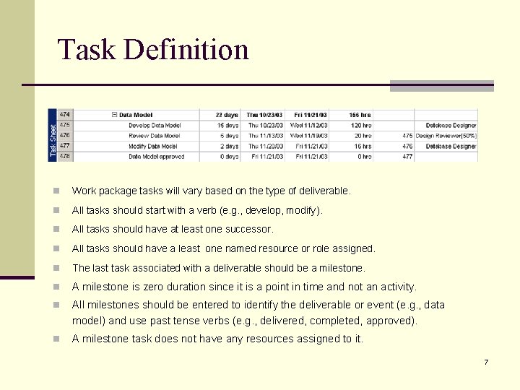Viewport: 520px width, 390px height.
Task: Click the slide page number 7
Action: (486, 362)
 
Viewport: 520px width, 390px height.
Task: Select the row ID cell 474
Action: (65, 115)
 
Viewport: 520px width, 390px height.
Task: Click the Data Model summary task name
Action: (136, 115)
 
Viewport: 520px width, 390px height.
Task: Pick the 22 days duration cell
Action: (227, 115)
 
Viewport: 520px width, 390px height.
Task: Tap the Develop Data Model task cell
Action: (154, 125)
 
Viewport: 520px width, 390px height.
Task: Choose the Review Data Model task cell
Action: (153, 136)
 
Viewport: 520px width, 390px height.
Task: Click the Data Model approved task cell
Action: (157, 156)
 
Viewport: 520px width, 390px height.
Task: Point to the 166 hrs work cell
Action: (360, 115)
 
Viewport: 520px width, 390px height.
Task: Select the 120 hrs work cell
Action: (361, 125)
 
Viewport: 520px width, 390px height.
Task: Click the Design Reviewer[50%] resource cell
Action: (446, 136)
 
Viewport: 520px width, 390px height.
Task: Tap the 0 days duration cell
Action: (228, 156)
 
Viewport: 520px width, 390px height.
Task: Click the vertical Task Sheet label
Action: (52, 135)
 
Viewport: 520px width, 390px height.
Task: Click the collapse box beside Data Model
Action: (114, 115)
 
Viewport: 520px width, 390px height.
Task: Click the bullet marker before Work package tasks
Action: (56, 191)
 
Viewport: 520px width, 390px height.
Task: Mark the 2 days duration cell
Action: (228, 146)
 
